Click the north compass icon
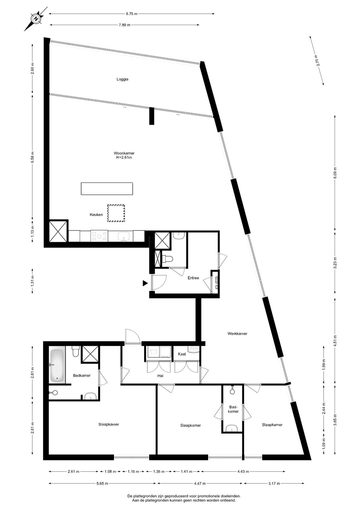35,19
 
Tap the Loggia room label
122,79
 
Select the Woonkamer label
124,153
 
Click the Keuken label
96,214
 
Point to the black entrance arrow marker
145,283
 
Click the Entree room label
193,278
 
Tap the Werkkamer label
237,334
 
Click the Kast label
182,354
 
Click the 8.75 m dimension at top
132,14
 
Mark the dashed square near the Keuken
116,213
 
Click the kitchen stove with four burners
99,236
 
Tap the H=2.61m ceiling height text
124,157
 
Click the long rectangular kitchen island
107,188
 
